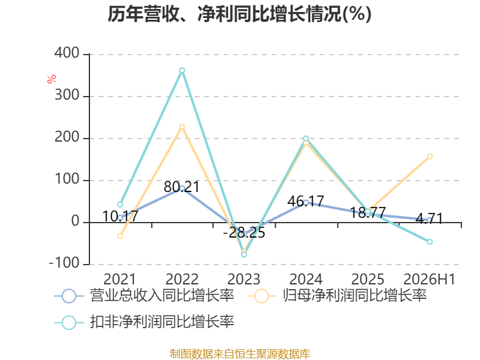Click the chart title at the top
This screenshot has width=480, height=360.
239,14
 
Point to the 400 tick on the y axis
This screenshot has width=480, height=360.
67,53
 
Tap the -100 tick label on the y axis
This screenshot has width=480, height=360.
64,263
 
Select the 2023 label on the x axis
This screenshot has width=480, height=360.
244,279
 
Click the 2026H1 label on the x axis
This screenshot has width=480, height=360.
430,279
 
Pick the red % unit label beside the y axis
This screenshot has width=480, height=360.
52,79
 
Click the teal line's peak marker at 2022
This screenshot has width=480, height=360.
182,70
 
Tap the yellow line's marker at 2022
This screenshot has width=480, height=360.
182,127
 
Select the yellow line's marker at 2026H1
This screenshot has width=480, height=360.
430,157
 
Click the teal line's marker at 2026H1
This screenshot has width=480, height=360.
430,242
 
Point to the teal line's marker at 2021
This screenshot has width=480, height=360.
120,205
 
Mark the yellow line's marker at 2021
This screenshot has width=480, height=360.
120,236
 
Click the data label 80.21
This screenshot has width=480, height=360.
182,187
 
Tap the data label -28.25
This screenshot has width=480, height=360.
244,233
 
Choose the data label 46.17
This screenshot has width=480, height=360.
305,201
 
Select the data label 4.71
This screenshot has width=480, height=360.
430,218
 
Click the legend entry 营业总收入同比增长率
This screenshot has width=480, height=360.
144,296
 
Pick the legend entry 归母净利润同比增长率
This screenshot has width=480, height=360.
337,296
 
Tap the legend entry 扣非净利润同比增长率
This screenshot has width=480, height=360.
144,322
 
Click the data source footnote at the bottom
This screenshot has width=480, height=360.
240,354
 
